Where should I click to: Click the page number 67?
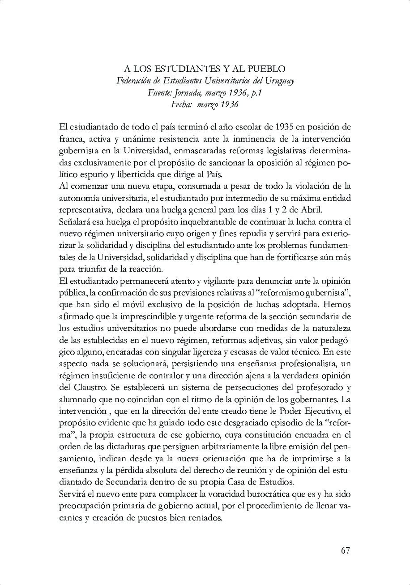pos(345,550)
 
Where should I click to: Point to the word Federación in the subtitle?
pos(135,81)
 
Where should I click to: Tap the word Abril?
pos(309,210)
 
